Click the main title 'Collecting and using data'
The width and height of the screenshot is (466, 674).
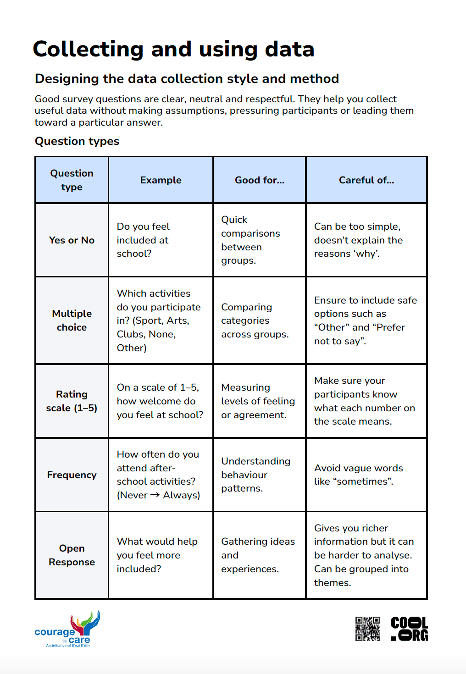(173, 49)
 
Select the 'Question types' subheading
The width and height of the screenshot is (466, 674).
(77, 141)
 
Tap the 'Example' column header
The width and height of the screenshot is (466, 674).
(161, 180)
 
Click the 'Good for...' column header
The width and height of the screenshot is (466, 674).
(260, 180)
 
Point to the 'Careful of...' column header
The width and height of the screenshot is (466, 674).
(366, 180)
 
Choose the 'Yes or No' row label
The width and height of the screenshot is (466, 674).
(72, 240)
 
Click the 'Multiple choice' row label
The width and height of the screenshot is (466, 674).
(72, 320)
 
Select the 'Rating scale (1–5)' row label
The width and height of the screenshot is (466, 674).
(72, 401)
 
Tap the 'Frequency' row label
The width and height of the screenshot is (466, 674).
(72, 475)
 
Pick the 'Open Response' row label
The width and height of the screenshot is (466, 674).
(72, 555)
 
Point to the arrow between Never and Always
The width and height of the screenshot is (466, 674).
(155, 495)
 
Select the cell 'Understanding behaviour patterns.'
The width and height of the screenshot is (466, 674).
(255, 475)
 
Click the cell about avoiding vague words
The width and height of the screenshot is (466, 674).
(358, 475)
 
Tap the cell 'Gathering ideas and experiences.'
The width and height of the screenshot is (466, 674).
(258, 555)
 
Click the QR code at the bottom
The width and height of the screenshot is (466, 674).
(367, 629)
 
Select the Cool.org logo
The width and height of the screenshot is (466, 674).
(409, 629)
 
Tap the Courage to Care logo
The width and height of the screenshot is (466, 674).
(68, 630)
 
